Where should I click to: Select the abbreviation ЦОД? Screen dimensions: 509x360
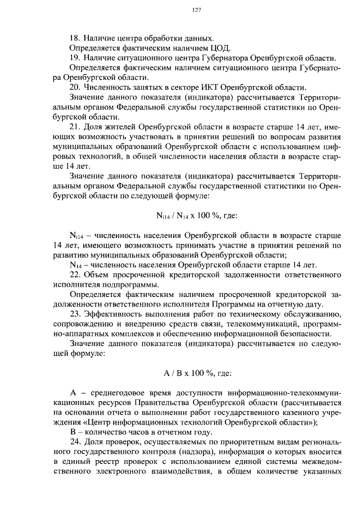[220, 48]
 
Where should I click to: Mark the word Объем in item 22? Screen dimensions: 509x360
[96, 275]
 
